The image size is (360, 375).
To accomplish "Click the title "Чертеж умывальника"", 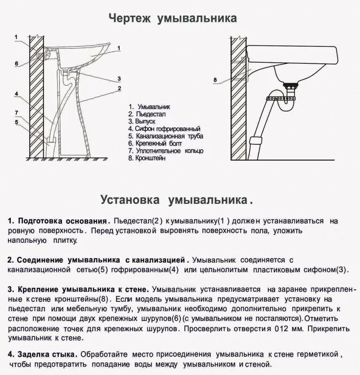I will (172, 18).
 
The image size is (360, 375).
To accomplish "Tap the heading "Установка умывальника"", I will (176, 200).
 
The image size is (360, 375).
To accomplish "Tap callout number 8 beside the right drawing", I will (215, 80).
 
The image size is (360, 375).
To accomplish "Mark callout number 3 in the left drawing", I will (119, 78).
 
